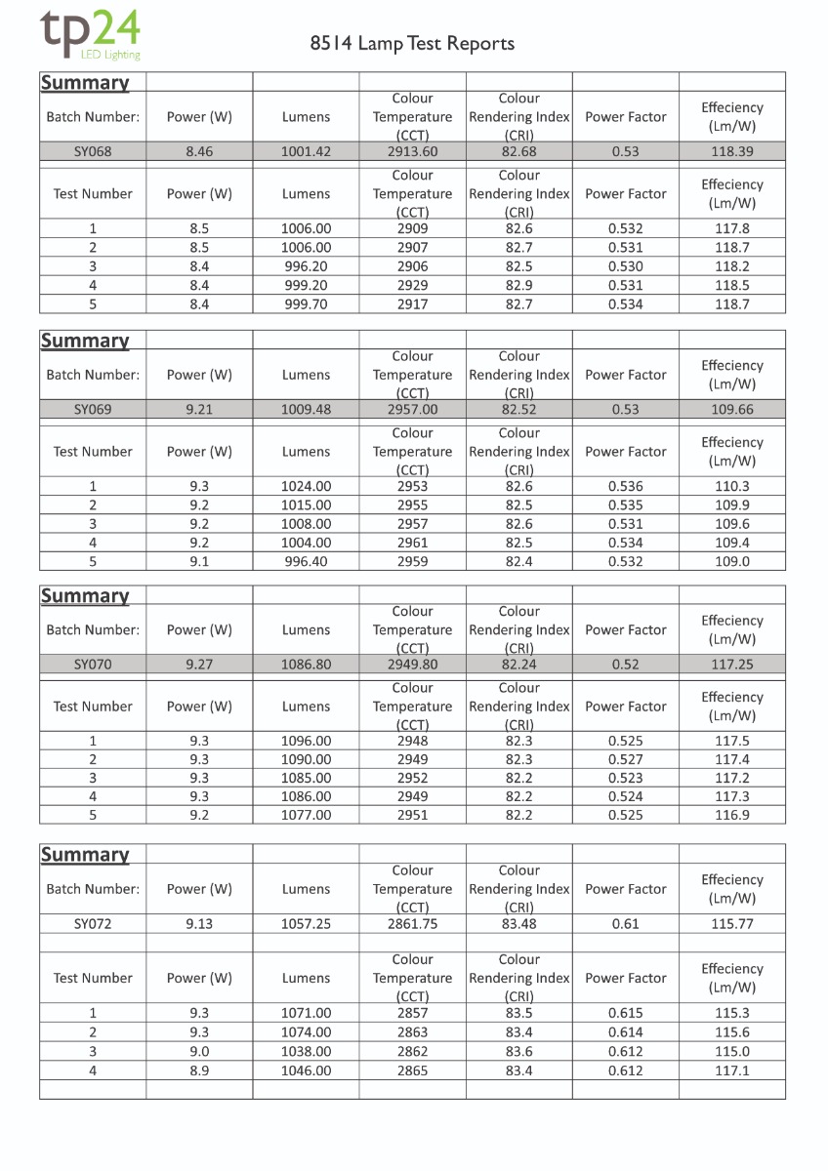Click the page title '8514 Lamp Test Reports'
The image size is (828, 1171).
(412, 44)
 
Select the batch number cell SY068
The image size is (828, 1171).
(93, 151)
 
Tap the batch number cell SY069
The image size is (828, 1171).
(93, 410)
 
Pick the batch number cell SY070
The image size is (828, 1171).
(93, 665)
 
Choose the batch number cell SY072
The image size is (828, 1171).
(93, 923)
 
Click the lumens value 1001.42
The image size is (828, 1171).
(306, 151)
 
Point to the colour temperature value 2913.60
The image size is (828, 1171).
(412, 151)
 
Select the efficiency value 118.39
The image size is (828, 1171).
(731, 151)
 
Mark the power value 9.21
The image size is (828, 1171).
(199, 410)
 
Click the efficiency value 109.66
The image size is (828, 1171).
(731, 410)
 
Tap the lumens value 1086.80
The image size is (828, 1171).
(306, 665)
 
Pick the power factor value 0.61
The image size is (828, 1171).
(625, 923)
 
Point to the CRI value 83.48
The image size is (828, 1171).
(518, 923)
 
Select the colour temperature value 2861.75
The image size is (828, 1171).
(412, 923)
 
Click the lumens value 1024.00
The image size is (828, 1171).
(306, 486)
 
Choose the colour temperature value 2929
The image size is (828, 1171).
(412, 286)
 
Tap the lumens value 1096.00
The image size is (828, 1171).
(306, 741)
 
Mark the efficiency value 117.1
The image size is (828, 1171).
(731, 1070)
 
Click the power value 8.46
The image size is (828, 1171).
(199, 151)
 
